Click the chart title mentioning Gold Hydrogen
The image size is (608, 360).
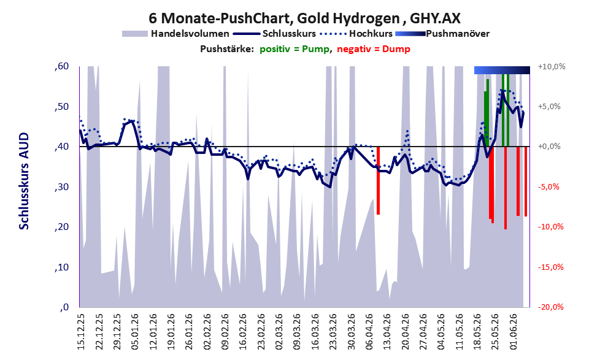pyautogui.click(x=304, y=18)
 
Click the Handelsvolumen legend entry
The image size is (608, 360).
pyautogui.click(x=175, y=34)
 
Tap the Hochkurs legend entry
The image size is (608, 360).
pyautogui.click(x=356, y=34)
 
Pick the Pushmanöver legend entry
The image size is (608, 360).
pyautogui.click(x=442, y=34)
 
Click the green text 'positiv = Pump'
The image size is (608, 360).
pyautogui.click(x=294, y=49)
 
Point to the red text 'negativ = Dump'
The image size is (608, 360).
pyautogui.click(x=374, y=49)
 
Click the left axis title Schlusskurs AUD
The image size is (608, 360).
pyautogui.click(x=24, y=181)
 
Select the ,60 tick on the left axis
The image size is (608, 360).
pyautogui.click(x=61, y=66)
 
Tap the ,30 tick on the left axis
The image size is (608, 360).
pyautogui.click(x=61, y=187)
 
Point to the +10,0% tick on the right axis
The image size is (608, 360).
pyautogui.click(x=552, y=67)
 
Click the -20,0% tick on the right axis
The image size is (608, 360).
pyautogui.click(x=551, y=307)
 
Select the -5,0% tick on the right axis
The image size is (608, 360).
pyautogui.click(x=549, y=187)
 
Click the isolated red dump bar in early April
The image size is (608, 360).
pyautogui.click(x=378, y=180)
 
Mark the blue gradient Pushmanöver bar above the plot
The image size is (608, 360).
pyautogui.click(x=502, y=70)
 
